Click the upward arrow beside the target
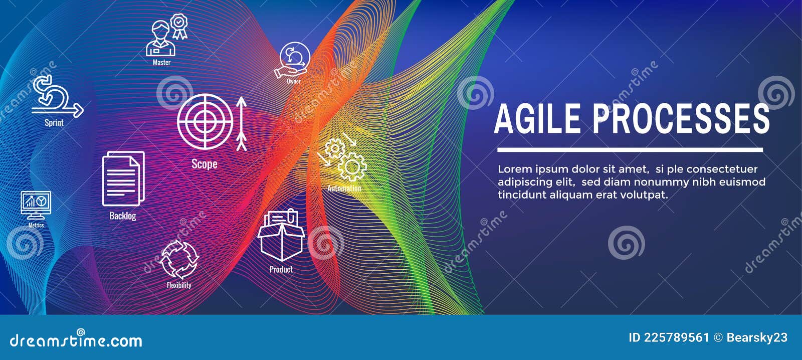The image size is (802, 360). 242,123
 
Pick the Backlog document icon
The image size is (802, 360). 123,178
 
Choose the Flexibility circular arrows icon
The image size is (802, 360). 179,259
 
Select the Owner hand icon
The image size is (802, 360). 293,61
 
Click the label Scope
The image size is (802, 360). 205,164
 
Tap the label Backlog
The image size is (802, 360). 123,216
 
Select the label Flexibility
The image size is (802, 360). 179,285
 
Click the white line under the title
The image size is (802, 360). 630,149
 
